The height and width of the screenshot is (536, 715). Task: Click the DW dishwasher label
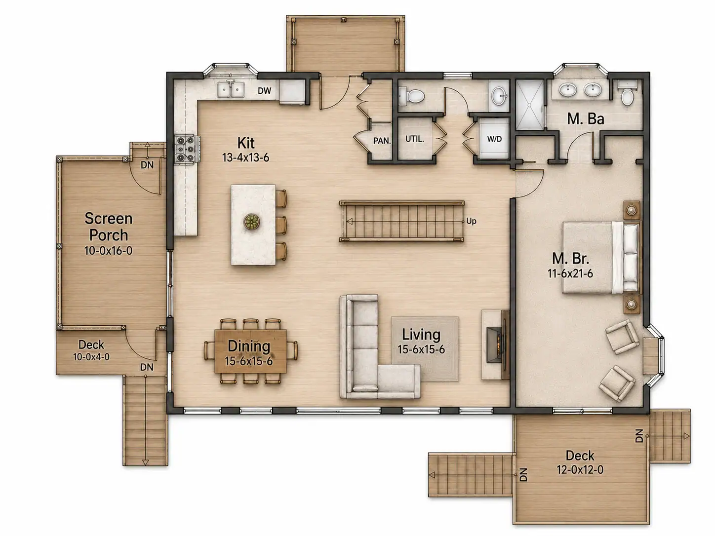pos(264,90)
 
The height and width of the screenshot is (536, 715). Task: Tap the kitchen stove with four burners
pos(186,149)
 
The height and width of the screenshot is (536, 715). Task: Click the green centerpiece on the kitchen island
pos(252,222)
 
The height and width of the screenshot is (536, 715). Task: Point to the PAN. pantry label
pos(382,141)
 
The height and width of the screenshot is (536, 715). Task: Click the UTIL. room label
pos(415,139)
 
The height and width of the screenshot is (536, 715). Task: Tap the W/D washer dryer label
pos(494,139)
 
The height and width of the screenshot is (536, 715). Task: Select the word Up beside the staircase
pos(471,221)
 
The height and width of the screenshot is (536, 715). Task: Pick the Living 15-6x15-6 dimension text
pos(421,349)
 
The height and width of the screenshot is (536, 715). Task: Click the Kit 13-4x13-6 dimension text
pos(245,157)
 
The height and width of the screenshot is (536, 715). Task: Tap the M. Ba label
pos(585,119)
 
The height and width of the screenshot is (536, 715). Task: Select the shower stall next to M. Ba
pos(530,104)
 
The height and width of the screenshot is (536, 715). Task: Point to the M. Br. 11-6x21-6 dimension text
pos(570,274)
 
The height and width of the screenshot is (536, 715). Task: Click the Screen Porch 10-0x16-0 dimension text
pos(108,251)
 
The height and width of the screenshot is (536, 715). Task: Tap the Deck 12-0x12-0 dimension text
pos(580,469)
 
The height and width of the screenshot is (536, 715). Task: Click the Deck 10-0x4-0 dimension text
pos(91,357)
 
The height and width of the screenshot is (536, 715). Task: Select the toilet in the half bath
pos(411,96)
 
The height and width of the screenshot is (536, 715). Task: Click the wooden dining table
pos(250,351)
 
